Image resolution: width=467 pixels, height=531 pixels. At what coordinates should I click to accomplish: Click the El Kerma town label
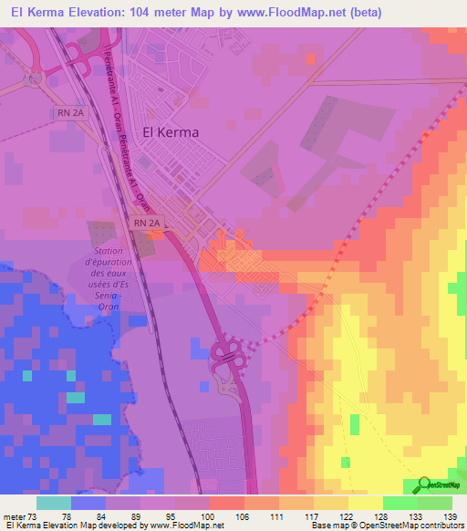pyautogui.click(x=171, y=131)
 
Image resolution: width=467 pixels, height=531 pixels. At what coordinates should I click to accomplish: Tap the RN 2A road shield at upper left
pyautogui.click(x=67, y=112)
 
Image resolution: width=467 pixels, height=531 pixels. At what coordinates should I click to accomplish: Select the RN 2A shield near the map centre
pyautogui.click(x=145, y=223)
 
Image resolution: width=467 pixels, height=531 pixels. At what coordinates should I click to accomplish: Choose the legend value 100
pyautogui.click(x=209, y=517)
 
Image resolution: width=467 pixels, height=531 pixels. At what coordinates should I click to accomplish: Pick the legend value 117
pyautogui.click(x=313, y=517)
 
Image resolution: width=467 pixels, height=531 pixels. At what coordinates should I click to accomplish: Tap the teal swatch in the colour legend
pyautogui.click(x=54, y=503)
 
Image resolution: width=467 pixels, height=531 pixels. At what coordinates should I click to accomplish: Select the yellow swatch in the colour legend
pyautogui.click(x=365, y=503)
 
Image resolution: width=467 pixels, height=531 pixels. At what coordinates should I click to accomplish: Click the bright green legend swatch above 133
pyautogui.click(x=400, y=503)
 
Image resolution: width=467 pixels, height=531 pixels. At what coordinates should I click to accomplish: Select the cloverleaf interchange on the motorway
pyautogui.click(x=227, y=357)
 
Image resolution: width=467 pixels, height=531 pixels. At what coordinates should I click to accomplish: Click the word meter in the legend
pyautogui.click(x=16, y=517)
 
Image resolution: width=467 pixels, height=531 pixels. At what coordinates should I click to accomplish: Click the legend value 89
pyautogui.click(x=140, y=517)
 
